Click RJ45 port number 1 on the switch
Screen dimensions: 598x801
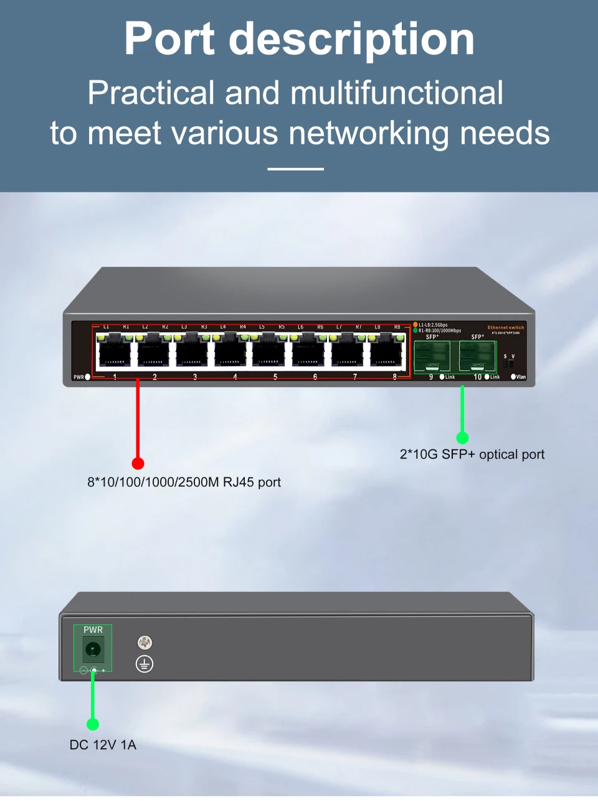(115, 353)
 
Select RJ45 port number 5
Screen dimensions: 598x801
(268, 353)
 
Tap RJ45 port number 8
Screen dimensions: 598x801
(386, 353)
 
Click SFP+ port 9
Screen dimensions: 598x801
(432, 356)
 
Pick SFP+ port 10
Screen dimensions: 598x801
(477, 356)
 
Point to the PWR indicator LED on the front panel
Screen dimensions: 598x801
(88, 377)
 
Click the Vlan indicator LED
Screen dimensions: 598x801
(513, 377)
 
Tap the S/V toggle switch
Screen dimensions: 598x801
(509, 363)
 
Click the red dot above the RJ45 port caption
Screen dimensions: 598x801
(138, 463)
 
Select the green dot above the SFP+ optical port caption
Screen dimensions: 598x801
(462, 438)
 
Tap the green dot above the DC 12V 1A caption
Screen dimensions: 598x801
(93, 724)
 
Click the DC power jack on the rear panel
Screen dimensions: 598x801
(93, 650)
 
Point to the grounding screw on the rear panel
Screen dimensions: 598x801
(145, 642)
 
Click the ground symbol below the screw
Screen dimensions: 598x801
(145, 664)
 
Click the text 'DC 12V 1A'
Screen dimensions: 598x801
(103, 745)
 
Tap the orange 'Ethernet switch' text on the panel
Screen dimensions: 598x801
(506, 327)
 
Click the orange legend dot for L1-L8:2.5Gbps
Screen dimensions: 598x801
(415, 325)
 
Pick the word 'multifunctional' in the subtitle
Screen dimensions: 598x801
(397, 93)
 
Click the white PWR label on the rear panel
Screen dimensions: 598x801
(93, 630)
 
